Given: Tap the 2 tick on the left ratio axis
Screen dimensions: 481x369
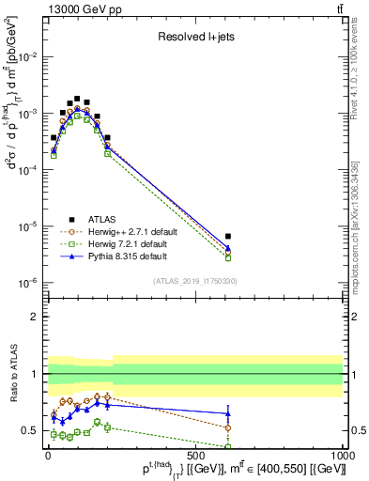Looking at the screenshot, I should [x=37, y=317].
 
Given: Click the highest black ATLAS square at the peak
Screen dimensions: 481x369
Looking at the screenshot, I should [x=77, y=98].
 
